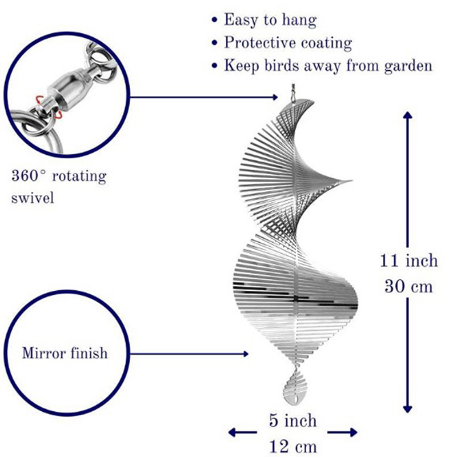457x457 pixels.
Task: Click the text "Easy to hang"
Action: (x=270, y=21)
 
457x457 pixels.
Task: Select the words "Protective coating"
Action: (x=288, y=43)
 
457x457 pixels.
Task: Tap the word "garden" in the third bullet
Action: (x=408, y=66)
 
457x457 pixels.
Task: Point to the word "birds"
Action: (x=282, y=65)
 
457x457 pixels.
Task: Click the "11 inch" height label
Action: (x=408, y=260)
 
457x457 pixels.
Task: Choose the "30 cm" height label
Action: (x=408, y=286)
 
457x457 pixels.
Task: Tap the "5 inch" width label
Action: (x=292, y=420)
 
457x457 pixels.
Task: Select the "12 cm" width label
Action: (x=292, y=447)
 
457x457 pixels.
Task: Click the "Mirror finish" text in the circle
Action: (x=65, y=353)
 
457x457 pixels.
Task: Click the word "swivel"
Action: (x=33, y=198)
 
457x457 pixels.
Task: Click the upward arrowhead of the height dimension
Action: (x=407, y=115)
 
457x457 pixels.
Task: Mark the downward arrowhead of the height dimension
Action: (x=407, y=409)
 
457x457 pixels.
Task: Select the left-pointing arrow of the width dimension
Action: (x=242, y=432)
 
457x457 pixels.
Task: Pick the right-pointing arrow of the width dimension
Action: (x=343, y=432)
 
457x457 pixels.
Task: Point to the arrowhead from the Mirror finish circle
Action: (x=246, y=354)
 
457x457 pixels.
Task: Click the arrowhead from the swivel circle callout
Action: (x=275, y=97)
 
